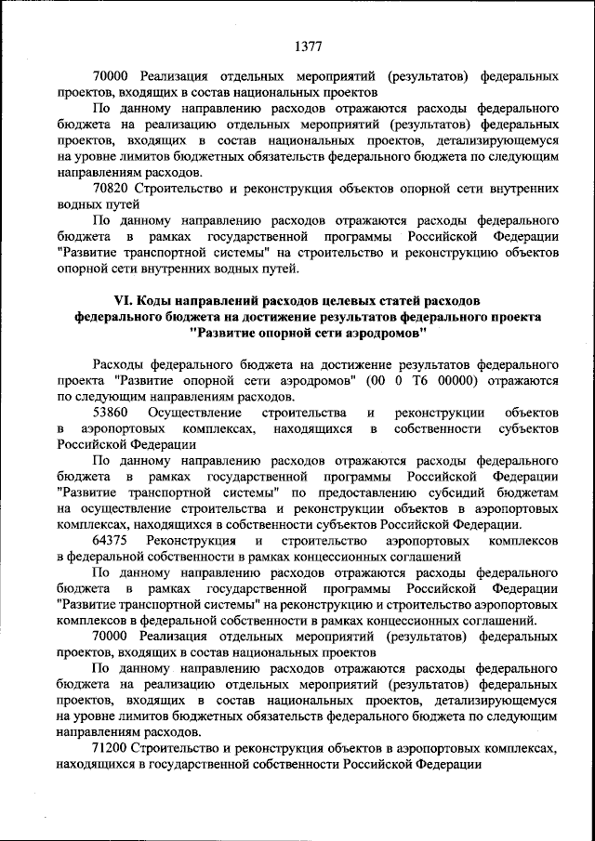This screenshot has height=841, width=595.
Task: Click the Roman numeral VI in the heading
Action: point(123,301)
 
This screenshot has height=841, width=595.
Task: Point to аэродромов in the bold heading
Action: point(380,332)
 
